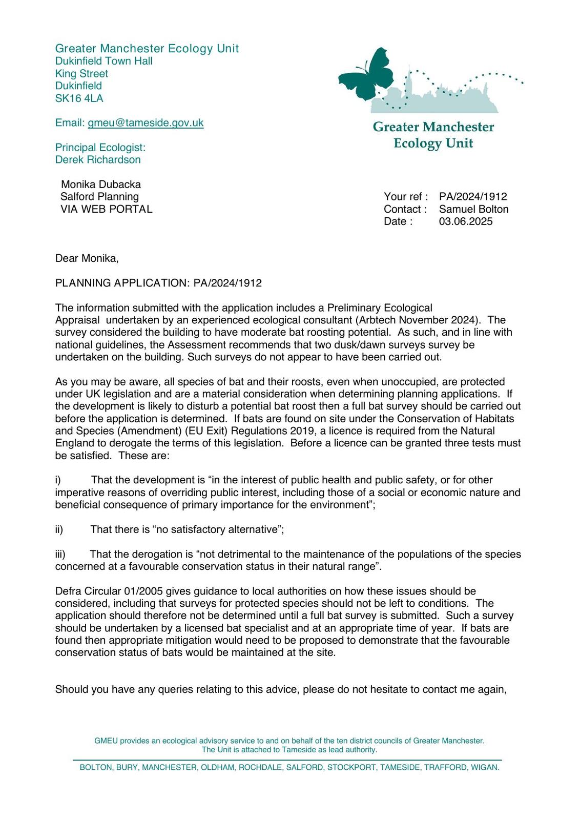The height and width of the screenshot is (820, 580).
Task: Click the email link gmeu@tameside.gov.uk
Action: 146,123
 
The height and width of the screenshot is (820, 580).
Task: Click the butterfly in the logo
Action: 367,74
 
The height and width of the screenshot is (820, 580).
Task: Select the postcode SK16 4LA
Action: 79,98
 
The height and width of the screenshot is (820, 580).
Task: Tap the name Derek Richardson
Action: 98,160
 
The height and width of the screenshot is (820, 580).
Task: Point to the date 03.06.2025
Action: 466,221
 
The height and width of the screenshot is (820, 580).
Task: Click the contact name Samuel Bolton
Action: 473,209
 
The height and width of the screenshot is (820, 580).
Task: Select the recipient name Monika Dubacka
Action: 101,184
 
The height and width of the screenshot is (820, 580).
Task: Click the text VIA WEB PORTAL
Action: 106,209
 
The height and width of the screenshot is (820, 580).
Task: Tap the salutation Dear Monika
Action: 87,258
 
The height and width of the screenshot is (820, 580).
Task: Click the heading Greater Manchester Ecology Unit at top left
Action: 147,49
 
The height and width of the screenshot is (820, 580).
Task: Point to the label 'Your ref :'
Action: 406,197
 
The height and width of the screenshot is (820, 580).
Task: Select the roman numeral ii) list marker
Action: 59,529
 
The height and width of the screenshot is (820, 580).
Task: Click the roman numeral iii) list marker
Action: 60,554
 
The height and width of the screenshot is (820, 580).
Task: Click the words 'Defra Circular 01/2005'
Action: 112,591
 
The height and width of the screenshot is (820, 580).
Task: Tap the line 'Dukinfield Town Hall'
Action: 104,61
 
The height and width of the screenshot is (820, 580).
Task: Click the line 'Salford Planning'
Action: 99,197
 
